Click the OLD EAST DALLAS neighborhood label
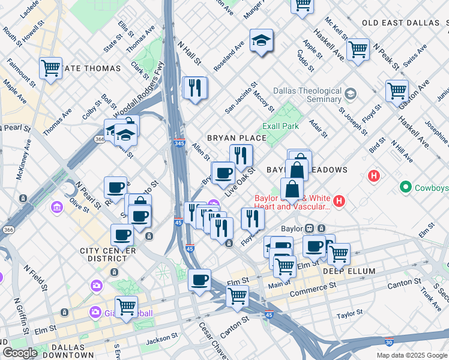(400, 23)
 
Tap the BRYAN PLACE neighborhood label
(237, 138)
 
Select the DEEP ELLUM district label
(349, 271)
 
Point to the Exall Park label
(280, 127)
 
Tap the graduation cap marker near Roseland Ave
(261, 41)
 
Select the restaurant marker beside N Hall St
(194, 88)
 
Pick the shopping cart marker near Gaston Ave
(397, 92)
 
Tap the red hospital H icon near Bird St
(374, 177)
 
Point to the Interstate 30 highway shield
(390, 341)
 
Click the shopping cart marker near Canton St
(238, 295)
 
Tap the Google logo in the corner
(20, 352)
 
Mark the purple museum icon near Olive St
(57, 208)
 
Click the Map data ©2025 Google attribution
(411, 355)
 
